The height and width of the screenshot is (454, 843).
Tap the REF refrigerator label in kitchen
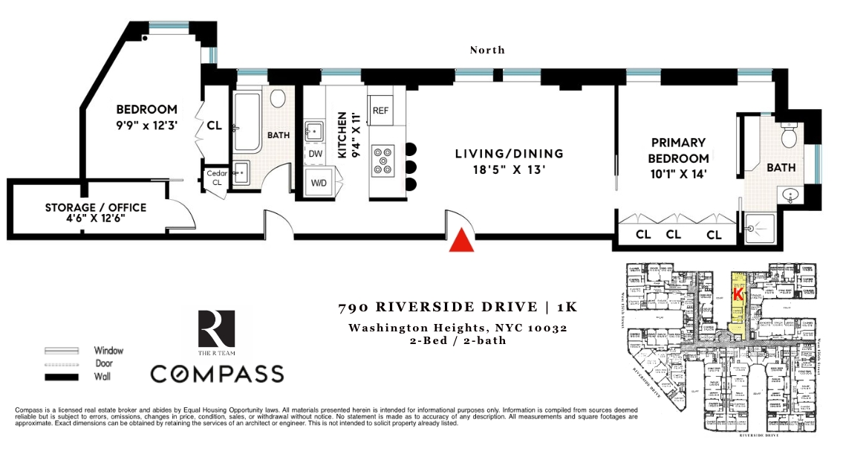380,110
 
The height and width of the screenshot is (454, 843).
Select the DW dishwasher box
315,154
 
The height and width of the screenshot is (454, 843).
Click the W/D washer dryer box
319,183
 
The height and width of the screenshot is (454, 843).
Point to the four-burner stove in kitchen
384,161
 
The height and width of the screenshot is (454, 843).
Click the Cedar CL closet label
216,178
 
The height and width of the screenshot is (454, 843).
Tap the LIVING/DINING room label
509,154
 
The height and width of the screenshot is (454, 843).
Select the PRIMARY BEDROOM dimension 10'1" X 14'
678,174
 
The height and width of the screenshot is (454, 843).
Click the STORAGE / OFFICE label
96,207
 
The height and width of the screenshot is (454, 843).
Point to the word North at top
487,50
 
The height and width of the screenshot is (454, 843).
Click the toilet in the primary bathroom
789,136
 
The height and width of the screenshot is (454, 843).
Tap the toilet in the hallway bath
279,99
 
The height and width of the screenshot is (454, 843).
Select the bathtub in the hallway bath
246,122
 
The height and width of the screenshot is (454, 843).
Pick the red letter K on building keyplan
737,294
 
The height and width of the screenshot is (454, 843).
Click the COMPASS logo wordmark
217,372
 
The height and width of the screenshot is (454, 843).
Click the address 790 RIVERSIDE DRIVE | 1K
458,307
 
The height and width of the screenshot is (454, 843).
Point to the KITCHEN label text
342,135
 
